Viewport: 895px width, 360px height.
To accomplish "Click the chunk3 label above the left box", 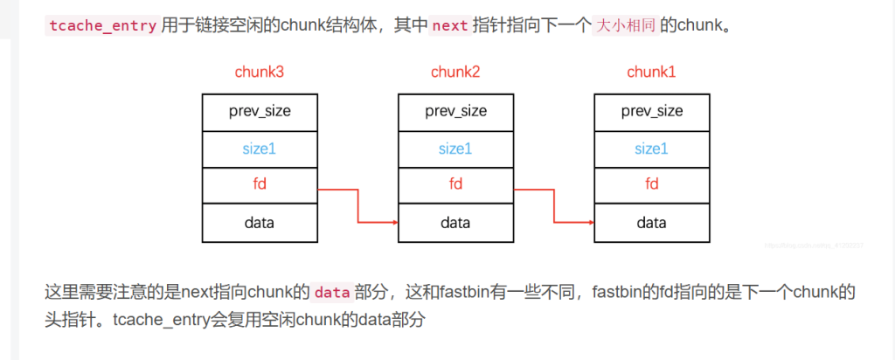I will pyautogui.click(x=260, y=72).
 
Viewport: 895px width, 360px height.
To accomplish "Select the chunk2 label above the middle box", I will pyautogui.click(x=455, y=72).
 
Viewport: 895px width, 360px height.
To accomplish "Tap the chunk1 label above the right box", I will pyautogui.click(x=651, y=72).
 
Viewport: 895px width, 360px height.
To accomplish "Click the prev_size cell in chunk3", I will pyautogui.click(x=260, y=111).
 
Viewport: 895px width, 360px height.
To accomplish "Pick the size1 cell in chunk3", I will pyautogui.click(x=260, y=149).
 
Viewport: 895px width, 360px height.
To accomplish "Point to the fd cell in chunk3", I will pyautogui.click(x=260, y=185).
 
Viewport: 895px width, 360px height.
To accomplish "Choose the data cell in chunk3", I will pyautogui.click(x=260, y=223).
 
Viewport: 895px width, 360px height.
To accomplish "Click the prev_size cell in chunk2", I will pyautogui.click(x=455, y=111).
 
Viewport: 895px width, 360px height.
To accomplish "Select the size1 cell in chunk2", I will pyautogui.click(x=455, y=149).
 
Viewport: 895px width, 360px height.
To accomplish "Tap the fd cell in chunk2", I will pyautogui.click(x=455, y=185).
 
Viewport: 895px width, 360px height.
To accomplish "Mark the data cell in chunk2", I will pyautogui.click(x=455, y=223).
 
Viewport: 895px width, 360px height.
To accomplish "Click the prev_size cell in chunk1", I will pyautogui.click(x=651, y=111).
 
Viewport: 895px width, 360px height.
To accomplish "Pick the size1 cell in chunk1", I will pyautogui.click(x=651, y=149).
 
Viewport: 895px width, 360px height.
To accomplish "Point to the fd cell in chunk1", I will pyautogui.click(x=651, y=185).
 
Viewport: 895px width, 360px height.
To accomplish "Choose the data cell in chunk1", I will pyautogui.click(x=651, y=223).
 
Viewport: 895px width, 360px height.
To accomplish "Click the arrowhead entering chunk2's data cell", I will pyautogui.click(x=394, y=223).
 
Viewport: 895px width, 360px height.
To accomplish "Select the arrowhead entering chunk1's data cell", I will pyautogui.click(x=590, y=223).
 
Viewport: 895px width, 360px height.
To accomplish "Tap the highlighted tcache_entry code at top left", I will pyautogui.click(x=101, y=25).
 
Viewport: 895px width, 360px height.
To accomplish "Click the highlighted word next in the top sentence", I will pyautogui.click(x=450, y=25).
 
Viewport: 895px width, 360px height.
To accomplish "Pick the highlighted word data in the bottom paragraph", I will pyautogui.click(x=331, y=292).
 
